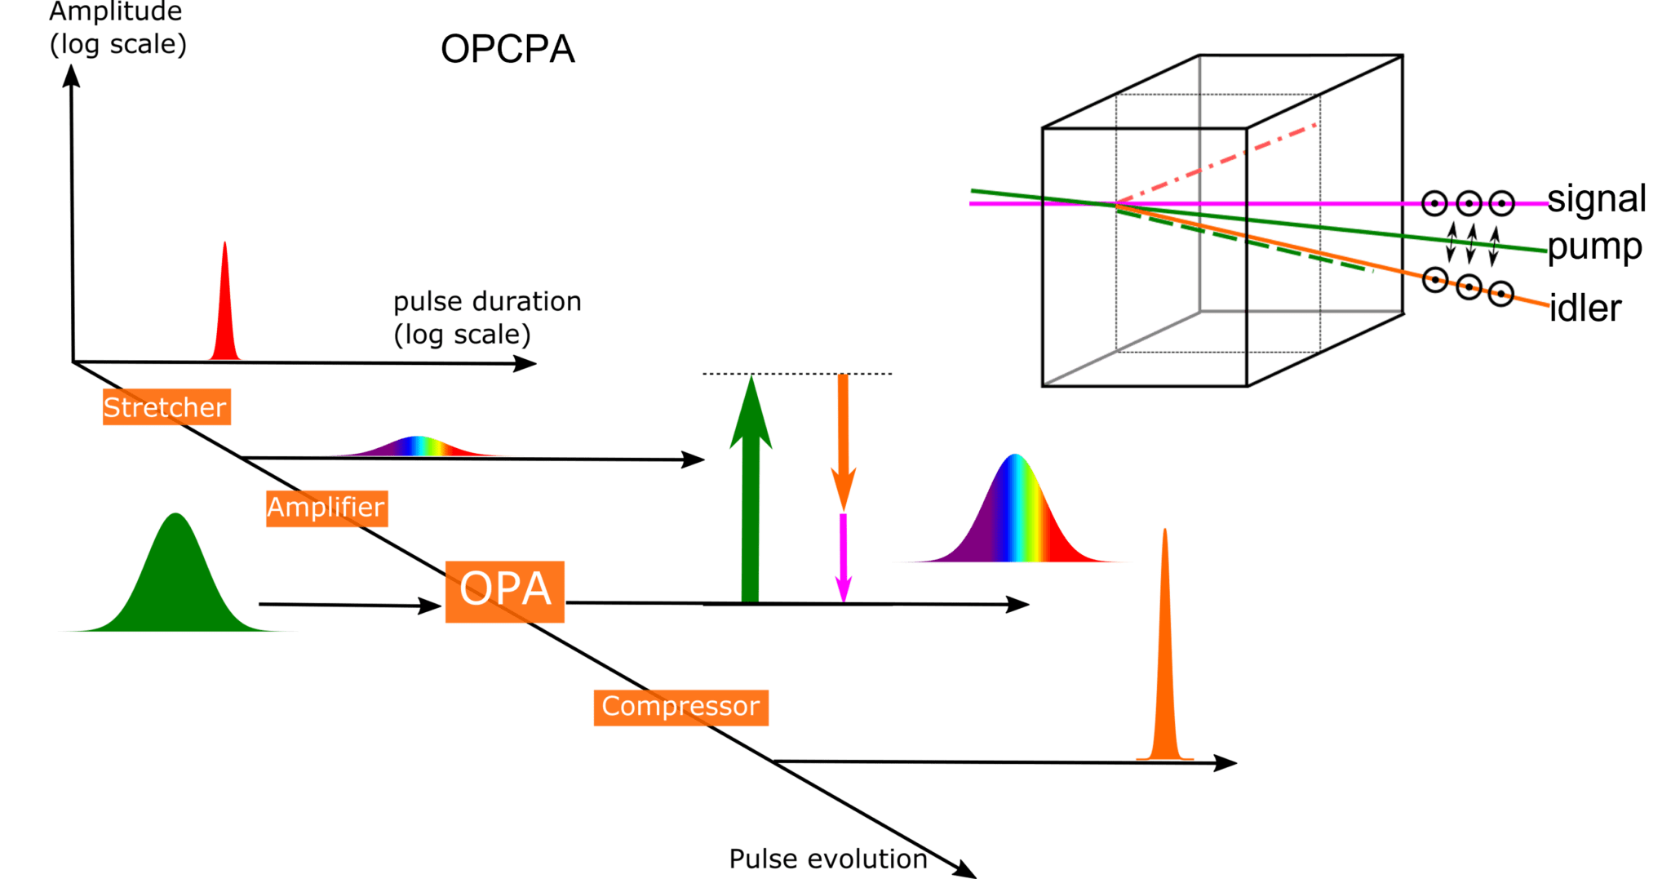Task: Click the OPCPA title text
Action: pyautogui.click(x=508, y=50)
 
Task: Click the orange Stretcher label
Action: pyautogui.click(x=166, y=406)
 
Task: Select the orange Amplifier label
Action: pyautogui.click(x=326, y=508)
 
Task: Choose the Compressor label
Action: pyautogui.click(x=680, y=707)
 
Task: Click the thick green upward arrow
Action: pyautogui.click(x=750, y=498)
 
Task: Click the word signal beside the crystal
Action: pyautogui.click(x=1596, y=199)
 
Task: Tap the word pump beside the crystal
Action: pyautogui.click(x=1593, y=247)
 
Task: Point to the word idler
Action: pyautogui.click(x=1585, y=309)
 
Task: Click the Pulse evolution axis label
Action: pyautogui.click(x=827, y=859)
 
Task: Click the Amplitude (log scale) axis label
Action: pyautogui.click(x=117, y=29)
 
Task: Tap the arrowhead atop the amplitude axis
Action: pyautogui.click(x=72, y=76)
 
